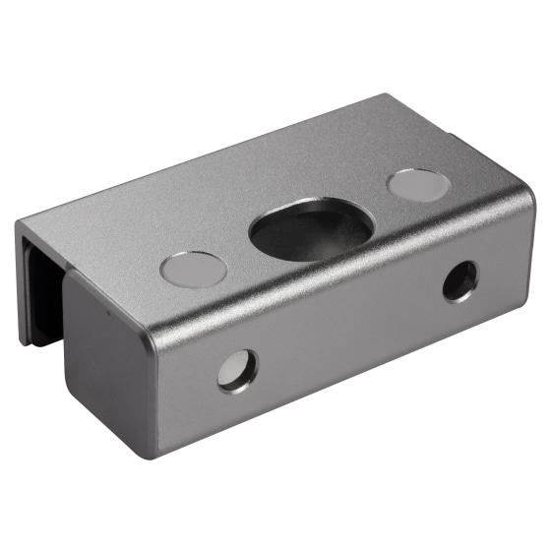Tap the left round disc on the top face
click(x=194, y=269)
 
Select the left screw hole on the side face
click(x=237, y=371)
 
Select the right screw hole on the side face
click(x=459, y=280)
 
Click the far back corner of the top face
click(x=386, y=95)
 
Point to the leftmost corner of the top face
click(x=20, y=222)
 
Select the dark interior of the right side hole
click(x=459, y=281)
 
